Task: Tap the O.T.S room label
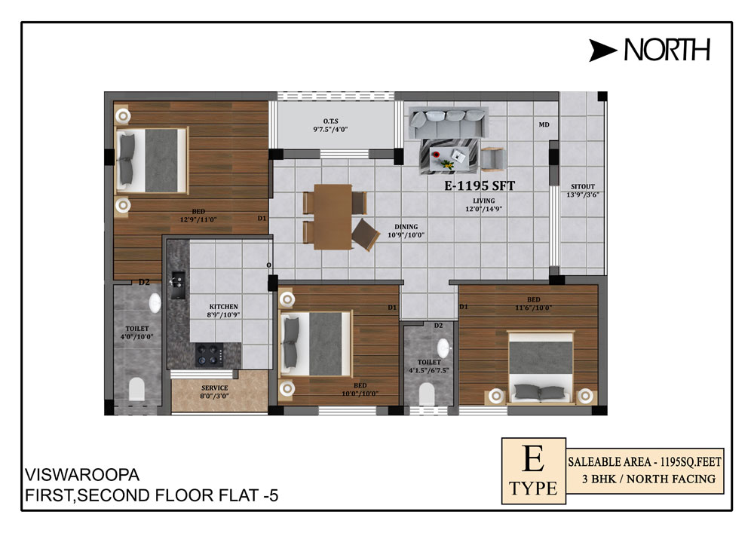(x=331, y=121)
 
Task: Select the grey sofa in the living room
(x=448, y=122)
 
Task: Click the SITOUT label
(x=583, y=186)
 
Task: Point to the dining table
(x=333, y=217)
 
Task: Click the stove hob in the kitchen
(x=210, y=355)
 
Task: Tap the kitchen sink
(x=178, y=284)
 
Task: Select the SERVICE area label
(x=214, y=387)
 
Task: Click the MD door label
(x=544, y=124)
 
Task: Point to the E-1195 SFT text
(x=480, y=185)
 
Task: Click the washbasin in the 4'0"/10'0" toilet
(x=155, y=303)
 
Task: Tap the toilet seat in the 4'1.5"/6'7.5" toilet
(x=427, y=394)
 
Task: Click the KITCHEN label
(x=224, y=307)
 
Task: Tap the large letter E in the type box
(x=533, y=458)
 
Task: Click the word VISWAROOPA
(x=82, y=475)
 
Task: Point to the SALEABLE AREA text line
(x=645, y=462)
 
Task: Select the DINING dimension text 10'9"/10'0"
(x=406, y=235)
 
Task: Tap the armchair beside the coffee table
(x=493, y=159)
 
